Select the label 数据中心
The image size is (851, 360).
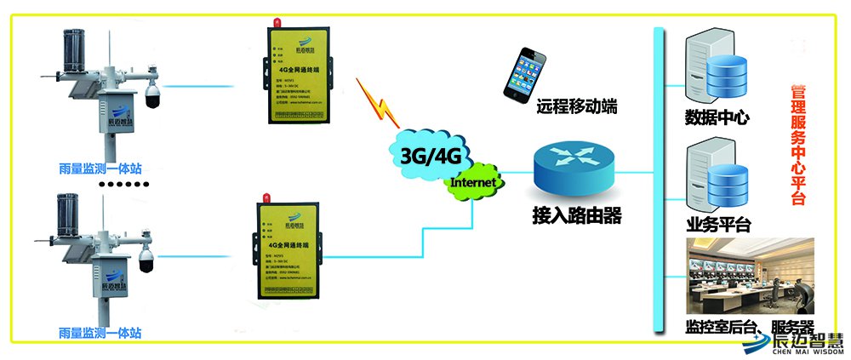(717, 117)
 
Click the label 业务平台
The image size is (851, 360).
(717, 225)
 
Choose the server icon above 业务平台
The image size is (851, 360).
(717, 179)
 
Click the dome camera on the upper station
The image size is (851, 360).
(152, 96)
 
